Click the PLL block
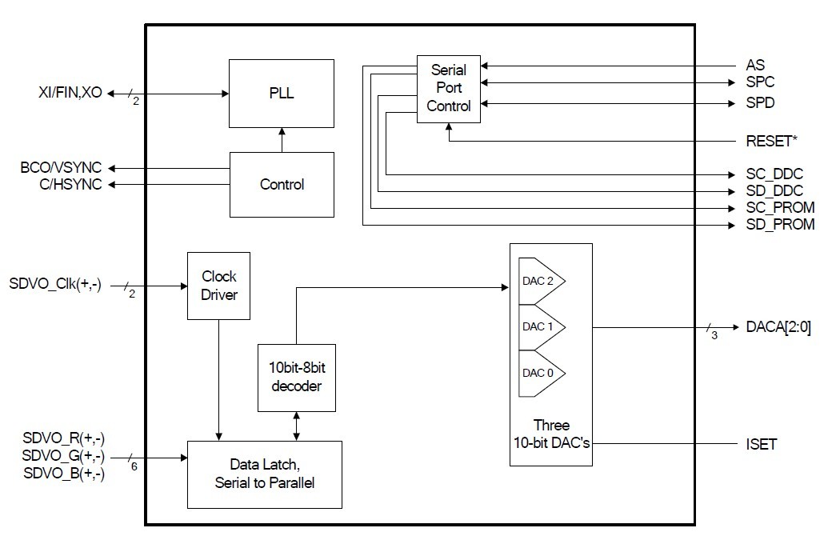pyautogui.click(x=282, y=93)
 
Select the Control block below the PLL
pyautogui.click(x=282, y=185)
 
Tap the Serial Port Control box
pyautogui.click(x=449, y=88)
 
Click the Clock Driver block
pyautogui.click(x=218, y=286)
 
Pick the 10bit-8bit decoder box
pyautogui.click(x=297, y=377)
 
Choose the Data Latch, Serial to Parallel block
pyautogui.click(x=264, y=474)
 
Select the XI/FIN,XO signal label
pyautogui.click(x=70, y=93)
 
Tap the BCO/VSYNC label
pyautogui.click(x=62, y=168)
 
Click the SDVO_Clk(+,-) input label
pyautogui.click(x=55, y=284)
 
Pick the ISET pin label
pyautogui.click(x=761, y=443)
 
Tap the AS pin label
pyautogui.click(x=754, y=65)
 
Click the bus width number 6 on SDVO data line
pyautogui.click(x=133, y=466)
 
